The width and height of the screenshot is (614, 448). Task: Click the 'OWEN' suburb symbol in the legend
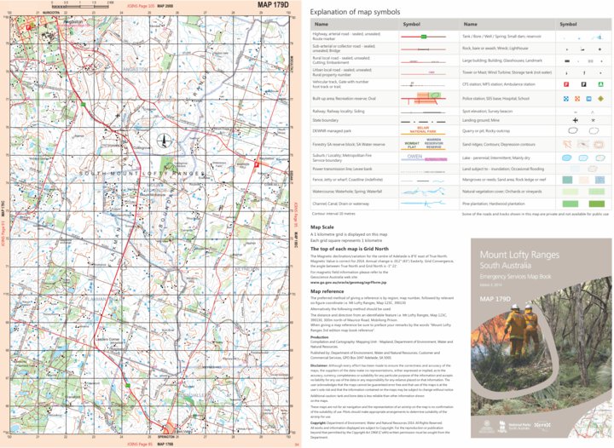pos(414,157)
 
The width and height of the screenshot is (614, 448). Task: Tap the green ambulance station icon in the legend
pos(602,85)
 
